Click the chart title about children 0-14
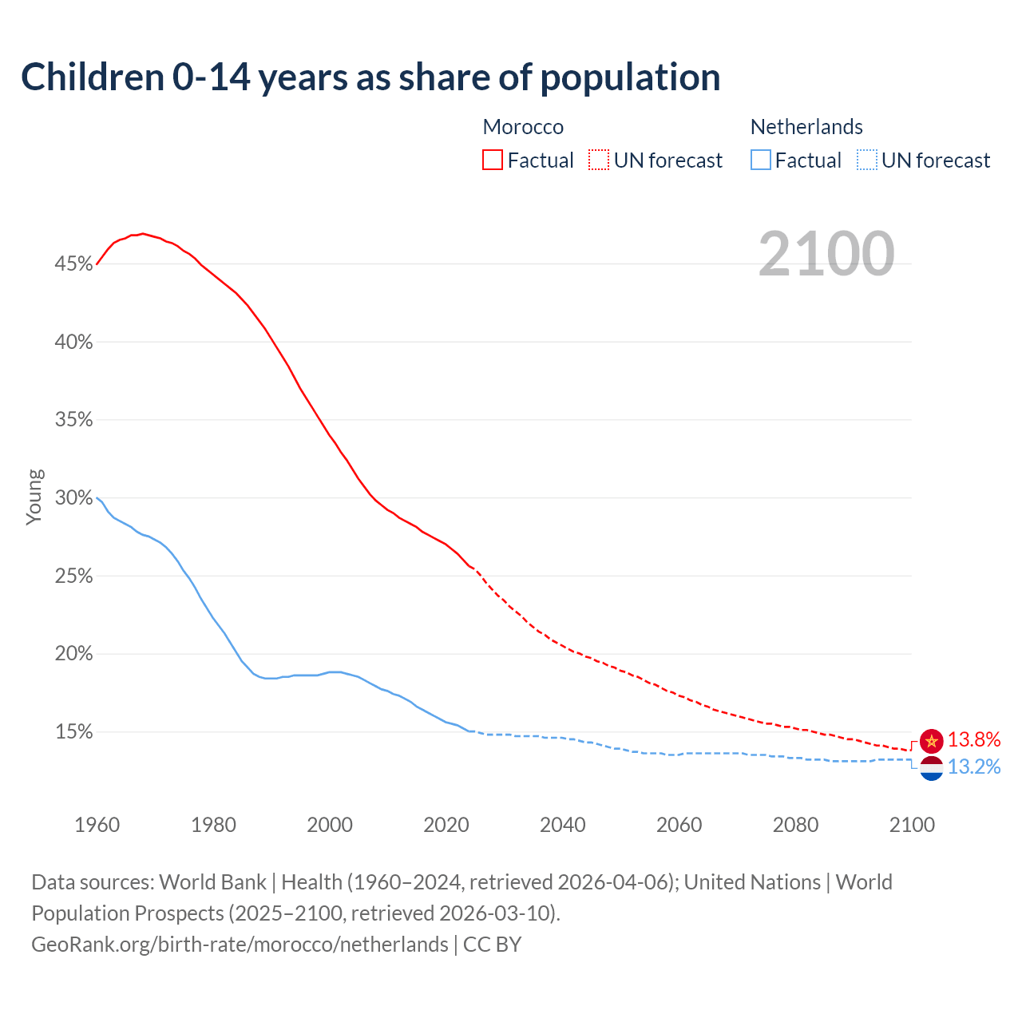pos(370,77)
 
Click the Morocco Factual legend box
pos(493,160)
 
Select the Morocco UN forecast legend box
pos(599,160)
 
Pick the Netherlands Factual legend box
pos(761,160)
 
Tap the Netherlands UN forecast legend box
pos(867,160)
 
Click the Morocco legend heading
pos(523,127)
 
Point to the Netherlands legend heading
pos(806,127)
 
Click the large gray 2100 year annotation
pos(826,254)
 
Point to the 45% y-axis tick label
pos(73,263)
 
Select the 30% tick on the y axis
pos(73,498)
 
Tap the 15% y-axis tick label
pos(73,732)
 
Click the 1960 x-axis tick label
pos(97,825)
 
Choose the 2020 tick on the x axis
pos(446,825)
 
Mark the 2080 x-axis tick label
pos(795,825)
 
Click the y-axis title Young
pos(34,497)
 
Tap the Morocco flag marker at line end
pos(931,741)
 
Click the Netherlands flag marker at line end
pos(931,768)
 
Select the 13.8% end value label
pos(974,740)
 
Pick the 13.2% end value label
pos(974,767)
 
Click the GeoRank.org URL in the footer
pos(240,945)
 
